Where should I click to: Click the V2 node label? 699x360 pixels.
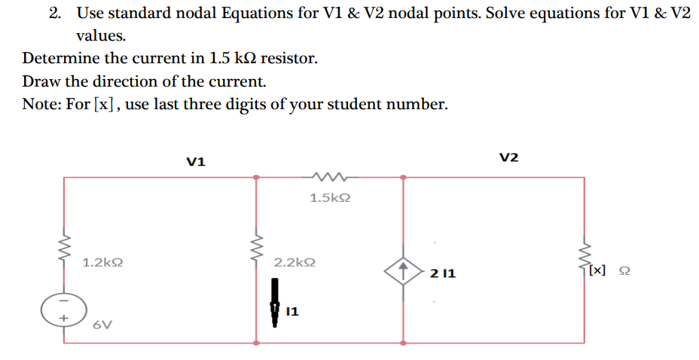point(509,157)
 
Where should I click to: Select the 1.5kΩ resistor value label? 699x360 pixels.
point(330,199)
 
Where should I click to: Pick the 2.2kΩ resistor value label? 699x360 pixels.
point(295,263)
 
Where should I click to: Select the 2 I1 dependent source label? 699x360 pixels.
point(444,275)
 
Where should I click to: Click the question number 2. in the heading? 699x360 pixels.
point(56,13)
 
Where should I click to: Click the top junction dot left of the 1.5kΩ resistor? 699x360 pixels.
point(257,178)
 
